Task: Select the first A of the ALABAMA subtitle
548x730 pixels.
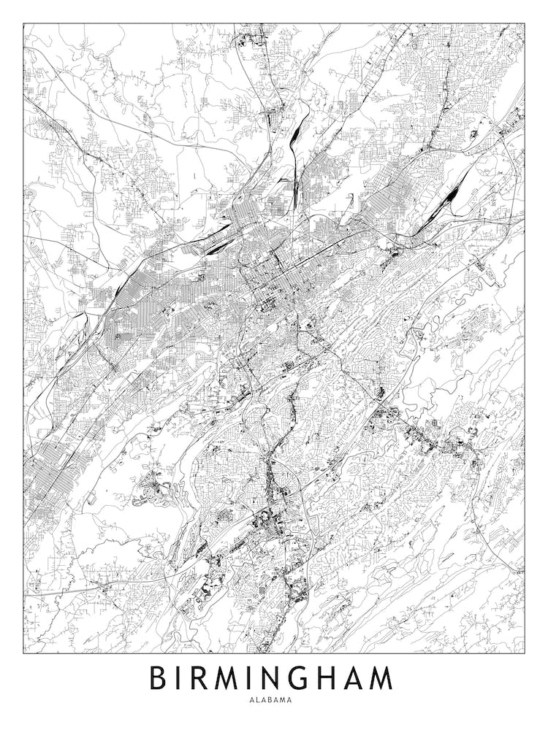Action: [x=252, y=699]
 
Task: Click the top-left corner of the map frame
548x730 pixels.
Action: [x=23, y=23]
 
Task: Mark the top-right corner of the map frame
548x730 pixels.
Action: [x=525, y=23]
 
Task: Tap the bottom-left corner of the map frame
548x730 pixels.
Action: [x=23, y=653]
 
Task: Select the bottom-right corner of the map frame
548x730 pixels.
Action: [x=525, y=653]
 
